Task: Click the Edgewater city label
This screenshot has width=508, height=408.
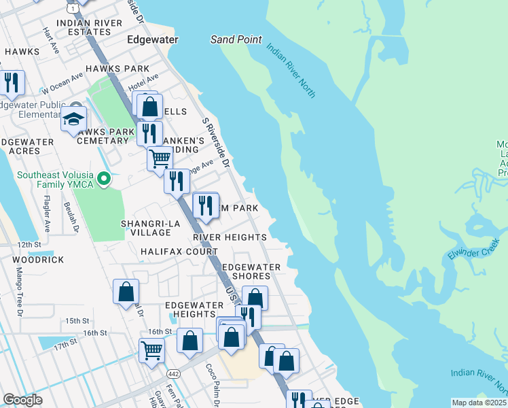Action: pos(153,40)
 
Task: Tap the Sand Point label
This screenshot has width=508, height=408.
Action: pos(236,39)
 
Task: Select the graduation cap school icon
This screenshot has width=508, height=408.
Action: pos(73,119)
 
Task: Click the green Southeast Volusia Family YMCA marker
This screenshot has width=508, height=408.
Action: pos(104,180)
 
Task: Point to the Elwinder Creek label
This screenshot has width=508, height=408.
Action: pos(473,250)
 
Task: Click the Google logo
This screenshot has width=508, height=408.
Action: pos(22,400)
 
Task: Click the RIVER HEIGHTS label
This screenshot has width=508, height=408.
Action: pos(230,237)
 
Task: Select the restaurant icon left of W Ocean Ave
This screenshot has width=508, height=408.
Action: pos(12,83)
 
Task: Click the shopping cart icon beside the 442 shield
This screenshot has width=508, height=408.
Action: pos(151,351)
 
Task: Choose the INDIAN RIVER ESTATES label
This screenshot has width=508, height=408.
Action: pos(90,27)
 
